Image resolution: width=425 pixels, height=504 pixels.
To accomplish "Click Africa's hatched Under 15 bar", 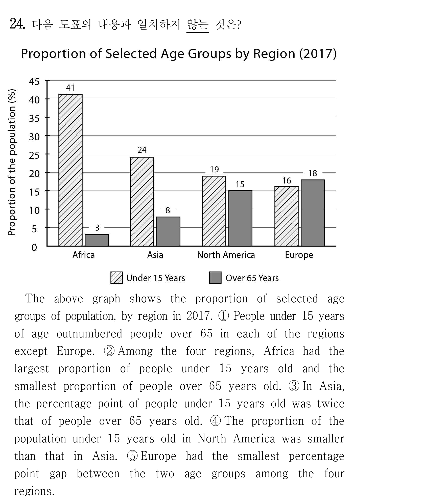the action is click(70, 170).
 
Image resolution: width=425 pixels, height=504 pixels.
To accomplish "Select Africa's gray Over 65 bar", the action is click(97, 240).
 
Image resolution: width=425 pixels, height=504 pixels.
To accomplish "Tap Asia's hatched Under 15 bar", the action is click(142, 201).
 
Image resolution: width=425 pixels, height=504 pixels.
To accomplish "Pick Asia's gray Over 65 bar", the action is click(168, 231).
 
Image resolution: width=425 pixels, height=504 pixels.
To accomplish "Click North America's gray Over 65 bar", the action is click(240, 218).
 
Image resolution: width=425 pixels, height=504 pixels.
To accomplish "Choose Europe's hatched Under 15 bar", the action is click(287, 216).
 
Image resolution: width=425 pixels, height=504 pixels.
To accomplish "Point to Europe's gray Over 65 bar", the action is click(313, 213).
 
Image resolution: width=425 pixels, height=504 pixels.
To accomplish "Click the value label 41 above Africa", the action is click(70, 88).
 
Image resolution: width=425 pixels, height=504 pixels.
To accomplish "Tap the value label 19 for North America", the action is click(214, 169).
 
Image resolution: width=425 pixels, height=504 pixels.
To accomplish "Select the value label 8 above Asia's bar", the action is click(168, 210).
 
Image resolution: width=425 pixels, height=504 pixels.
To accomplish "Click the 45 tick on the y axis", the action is click(34, 82).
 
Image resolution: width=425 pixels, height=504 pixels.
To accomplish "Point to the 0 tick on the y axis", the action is click(34, 247).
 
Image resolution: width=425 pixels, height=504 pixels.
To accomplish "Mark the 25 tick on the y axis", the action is click(34, 155).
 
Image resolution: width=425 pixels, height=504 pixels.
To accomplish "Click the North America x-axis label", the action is click(226, 255).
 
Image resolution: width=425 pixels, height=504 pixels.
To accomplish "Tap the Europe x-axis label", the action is click(299, 255).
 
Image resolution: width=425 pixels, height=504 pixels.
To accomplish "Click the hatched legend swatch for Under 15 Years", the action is click(117, 278).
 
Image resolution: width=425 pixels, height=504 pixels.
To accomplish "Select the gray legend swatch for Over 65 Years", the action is click(215, 278).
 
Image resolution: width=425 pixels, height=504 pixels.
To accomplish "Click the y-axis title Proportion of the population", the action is click(12, 162).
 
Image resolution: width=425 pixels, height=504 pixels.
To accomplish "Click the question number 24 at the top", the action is click(17, 24).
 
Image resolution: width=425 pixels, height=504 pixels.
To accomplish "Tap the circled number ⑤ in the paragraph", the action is click(132, 456).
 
